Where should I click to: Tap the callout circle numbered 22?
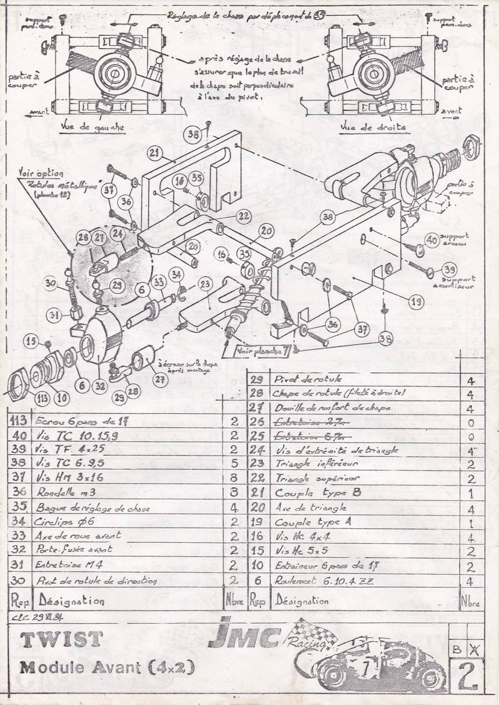(244, 216)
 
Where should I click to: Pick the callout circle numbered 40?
(432, 239)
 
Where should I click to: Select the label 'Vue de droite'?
(373, 127)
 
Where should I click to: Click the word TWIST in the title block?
(61, 639)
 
